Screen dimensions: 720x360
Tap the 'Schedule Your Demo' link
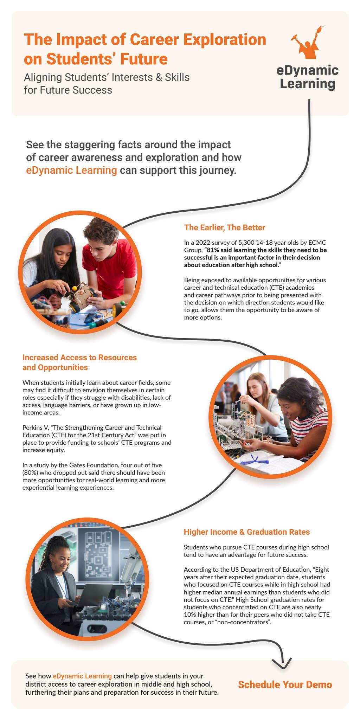point(285,684)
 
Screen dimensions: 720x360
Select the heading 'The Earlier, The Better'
point(224,227)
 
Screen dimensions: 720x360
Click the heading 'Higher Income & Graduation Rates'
point(246,532)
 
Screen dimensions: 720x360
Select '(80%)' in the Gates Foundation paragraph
point(30,472)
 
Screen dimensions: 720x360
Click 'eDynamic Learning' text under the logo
point(307,77)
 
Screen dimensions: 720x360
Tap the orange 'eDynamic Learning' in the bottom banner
point(82,676)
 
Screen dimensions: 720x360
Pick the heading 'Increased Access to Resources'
point(79,358)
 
